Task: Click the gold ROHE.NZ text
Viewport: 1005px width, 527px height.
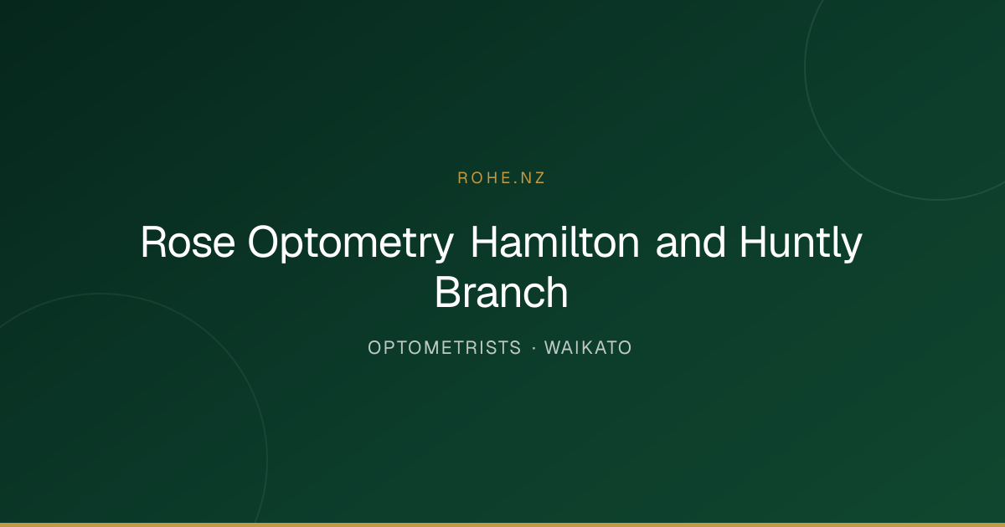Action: (x=501, y=178)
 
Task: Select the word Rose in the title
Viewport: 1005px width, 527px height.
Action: (x=188, y=242)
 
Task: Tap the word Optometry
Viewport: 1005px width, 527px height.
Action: (x=351, y=244)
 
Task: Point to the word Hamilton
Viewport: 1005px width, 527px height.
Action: (x=555, y=242)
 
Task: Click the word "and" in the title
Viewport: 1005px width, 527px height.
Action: (x=690, y=242)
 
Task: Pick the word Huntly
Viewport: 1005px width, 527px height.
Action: (x=801, y=244)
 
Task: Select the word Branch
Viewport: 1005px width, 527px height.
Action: (x=502, y=292)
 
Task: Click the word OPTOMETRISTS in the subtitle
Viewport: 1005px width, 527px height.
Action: (x=444, y=348)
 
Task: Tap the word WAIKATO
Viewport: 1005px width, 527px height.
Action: (x=588, y=348)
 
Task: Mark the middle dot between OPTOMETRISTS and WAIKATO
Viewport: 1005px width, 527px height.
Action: (x=534, y=348)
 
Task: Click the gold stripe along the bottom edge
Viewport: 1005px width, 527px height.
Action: (x=502, y=524)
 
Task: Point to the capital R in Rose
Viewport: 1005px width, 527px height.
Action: (x=154, y=242)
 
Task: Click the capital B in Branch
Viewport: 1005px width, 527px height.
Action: (x=448, y=292)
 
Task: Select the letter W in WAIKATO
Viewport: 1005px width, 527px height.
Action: (x=554, y=348)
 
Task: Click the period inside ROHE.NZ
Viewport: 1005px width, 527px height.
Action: (x=515, y=182)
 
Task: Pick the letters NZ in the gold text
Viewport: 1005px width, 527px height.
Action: (x=533, y=178)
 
